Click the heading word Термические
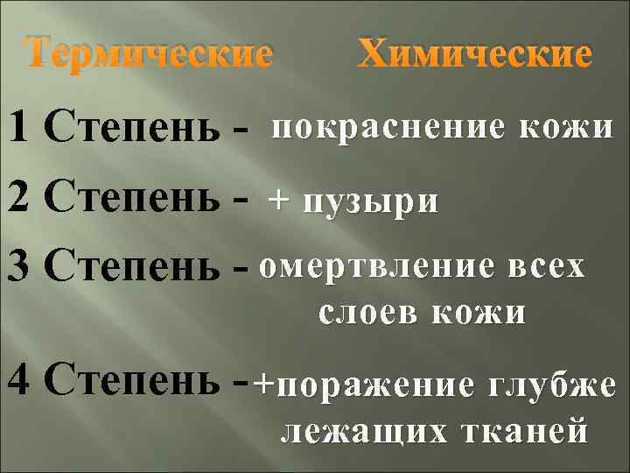(147, 56)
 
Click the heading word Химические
(475, 56)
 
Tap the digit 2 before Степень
(20, 201)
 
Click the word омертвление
(378, 265)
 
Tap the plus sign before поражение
(262, 383)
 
